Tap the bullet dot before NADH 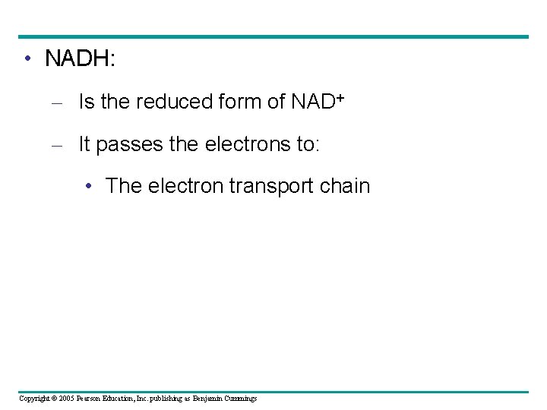27,59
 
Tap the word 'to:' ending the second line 306,145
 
